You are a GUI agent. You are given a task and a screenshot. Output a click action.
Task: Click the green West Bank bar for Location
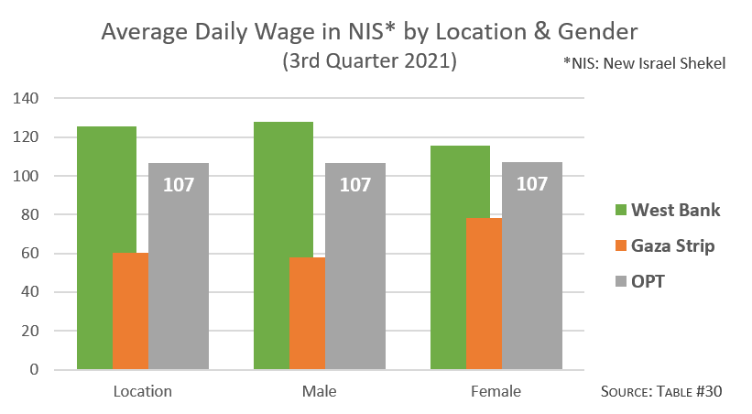[x=94, y=247]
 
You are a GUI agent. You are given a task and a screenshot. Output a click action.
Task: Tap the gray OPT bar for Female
[x=531, y=275]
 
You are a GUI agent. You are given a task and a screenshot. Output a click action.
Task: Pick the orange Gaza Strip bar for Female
[x=484, y=293]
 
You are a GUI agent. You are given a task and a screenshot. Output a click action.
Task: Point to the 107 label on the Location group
[x=179, y=184]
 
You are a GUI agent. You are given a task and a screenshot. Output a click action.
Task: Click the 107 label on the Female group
[x=531, y=184]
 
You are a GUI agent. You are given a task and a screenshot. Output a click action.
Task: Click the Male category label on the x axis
[x=319, y=392]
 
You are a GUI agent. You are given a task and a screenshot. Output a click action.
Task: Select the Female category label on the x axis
[x=496, y=392]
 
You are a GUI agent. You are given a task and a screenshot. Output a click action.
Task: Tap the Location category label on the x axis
[x=142, y=392]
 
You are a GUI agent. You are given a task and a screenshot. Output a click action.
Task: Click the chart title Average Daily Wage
[x=368, y=33]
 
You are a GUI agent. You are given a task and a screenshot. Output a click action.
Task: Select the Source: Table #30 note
[x=661, y=391]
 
